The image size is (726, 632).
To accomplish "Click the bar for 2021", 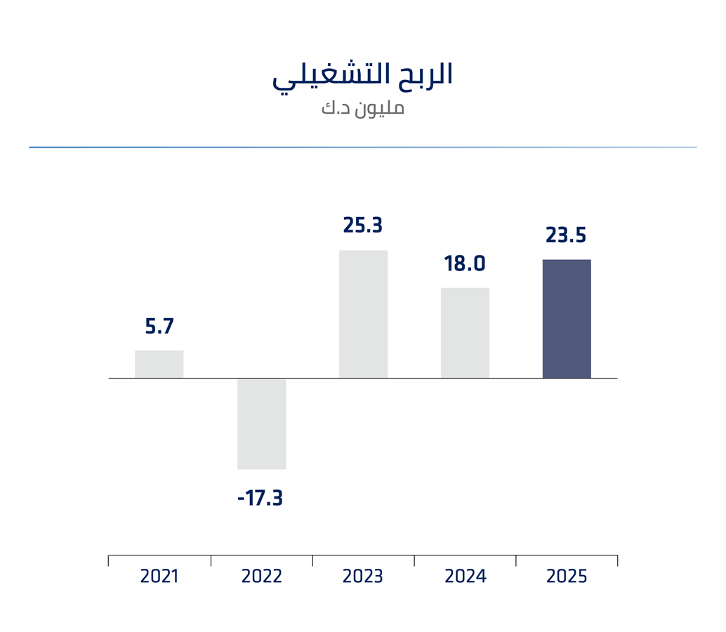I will point(159,364).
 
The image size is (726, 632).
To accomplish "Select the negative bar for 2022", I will point(261,423).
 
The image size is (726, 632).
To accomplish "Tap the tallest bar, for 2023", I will point(363,314).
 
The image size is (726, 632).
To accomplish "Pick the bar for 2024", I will point(465,333).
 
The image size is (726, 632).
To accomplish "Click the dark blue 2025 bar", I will point(567,319).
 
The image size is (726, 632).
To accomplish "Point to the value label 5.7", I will point(159,327).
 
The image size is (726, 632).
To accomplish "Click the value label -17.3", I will point(260,499).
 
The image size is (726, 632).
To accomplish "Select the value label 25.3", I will point(362,225).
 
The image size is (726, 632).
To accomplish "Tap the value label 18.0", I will point(465,264).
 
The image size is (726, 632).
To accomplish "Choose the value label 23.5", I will point(566,235).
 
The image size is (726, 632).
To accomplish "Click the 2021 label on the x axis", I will point(159,577).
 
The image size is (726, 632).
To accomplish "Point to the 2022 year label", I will point(261,577).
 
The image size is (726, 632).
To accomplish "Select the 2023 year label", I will point(363,577).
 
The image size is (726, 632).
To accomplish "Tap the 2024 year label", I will point(465,577).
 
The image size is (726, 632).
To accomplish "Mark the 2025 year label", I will point(567,577).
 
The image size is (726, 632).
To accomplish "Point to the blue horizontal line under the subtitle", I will point(363,147).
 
